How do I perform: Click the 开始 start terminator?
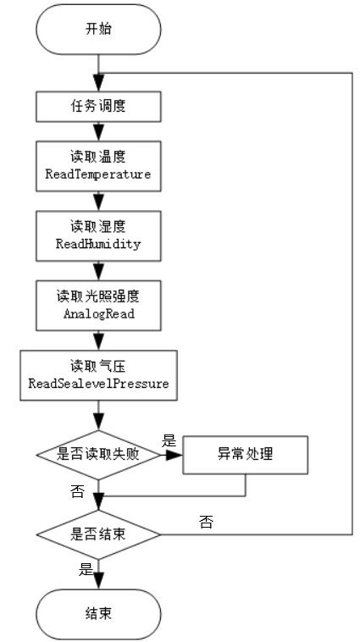98,30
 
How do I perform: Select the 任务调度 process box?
98,107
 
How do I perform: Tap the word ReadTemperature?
98,174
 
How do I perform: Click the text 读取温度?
98,157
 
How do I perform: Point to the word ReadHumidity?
98,244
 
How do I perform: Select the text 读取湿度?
98,226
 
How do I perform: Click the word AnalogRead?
99,314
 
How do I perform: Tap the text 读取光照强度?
98,296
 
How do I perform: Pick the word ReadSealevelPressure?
99,384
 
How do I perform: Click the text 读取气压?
98,366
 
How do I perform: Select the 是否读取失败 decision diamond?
98,455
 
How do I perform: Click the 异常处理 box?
245,455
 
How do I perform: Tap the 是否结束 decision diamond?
98,534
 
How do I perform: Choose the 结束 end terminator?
98,614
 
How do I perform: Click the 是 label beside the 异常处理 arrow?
169,441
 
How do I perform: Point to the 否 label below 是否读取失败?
77,492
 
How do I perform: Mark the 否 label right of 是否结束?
206,522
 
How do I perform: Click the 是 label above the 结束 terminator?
86,569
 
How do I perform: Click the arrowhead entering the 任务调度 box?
98,83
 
